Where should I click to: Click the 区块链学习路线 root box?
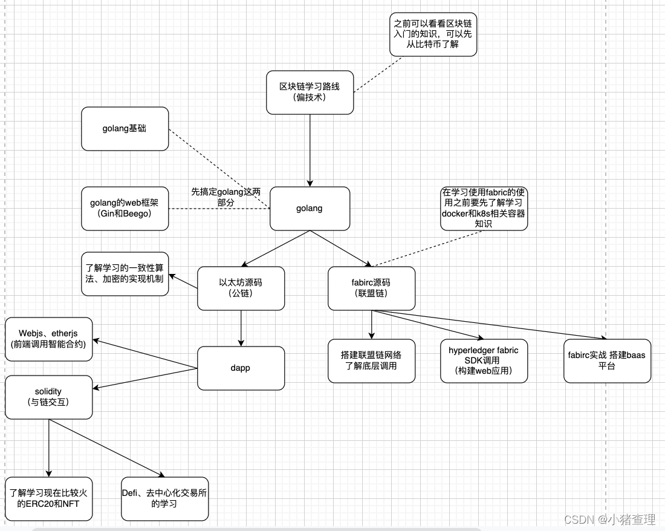[310, 92]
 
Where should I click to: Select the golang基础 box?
[125, 129]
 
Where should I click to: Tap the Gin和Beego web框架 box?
[125, 209]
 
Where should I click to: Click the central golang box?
[310, 209]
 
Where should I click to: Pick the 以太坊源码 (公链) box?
[241, 288]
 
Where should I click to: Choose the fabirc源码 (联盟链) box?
[371, 288]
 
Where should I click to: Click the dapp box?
[241, 368]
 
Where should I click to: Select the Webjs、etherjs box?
[48, 339]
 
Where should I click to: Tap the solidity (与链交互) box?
[48, 397]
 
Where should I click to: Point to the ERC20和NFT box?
[48, 498]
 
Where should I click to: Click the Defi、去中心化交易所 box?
[164, 498]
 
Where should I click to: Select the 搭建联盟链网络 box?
[371, 360]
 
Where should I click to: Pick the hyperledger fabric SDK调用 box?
[484, 360]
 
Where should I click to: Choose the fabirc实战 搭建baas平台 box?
[607, 360]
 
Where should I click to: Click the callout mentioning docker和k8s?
[484, 209]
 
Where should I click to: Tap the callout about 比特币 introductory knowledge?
[433, 34]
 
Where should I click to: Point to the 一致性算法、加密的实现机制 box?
[125, 274]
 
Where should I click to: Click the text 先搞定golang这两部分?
[225, 197]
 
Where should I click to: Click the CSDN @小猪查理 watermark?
[609, 519]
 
